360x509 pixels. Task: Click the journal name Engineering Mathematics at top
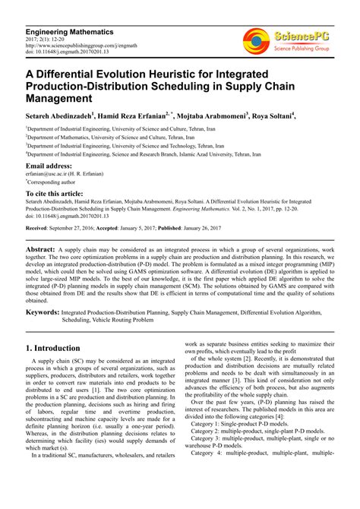(69, 33)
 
